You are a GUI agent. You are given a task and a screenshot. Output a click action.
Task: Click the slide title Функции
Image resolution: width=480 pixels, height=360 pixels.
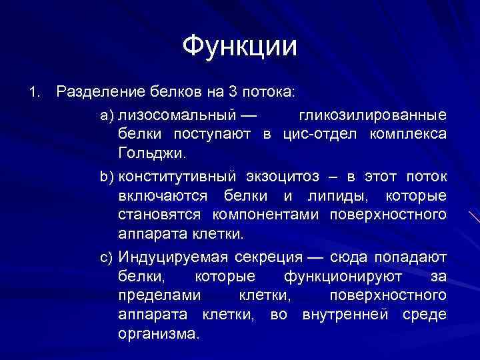(x=239, y=46)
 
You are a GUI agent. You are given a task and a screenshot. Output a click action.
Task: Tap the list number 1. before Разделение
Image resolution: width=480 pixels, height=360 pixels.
(x=35, y=90)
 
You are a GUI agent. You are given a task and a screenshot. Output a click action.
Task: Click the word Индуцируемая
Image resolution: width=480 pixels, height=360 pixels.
(x=174, y=257)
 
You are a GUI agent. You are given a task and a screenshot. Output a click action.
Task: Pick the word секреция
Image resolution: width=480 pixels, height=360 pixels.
(x=265, y=257)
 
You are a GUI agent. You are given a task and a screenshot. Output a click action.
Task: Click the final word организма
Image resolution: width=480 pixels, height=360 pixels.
(x=158, y=333)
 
